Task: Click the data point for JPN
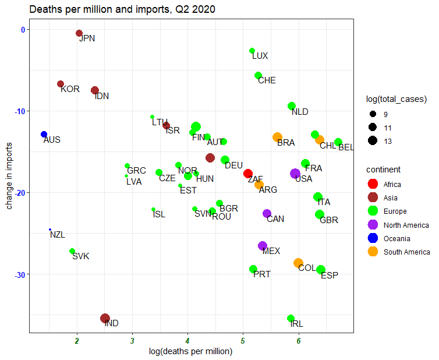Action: click(x=79, y=33)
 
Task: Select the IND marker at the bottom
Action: click(x=105, y=318)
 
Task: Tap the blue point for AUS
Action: click(x=44, y=134)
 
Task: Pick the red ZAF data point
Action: click(x=248, y=174)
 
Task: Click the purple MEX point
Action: click(x=263, y=246)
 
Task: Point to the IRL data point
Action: click(x=291, y=318)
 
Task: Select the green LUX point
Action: click(x=252, y=51)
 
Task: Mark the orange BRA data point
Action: click(x=277, y=137)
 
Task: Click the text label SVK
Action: click(x=80, y=256)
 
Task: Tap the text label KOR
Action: click(x=70, y=89)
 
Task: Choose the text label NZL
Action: click(x=58, y=235)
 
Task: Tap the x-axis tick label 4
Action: click(x=187, y=341)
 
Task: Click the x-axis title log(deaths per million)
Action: click(x=192, y=351)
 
